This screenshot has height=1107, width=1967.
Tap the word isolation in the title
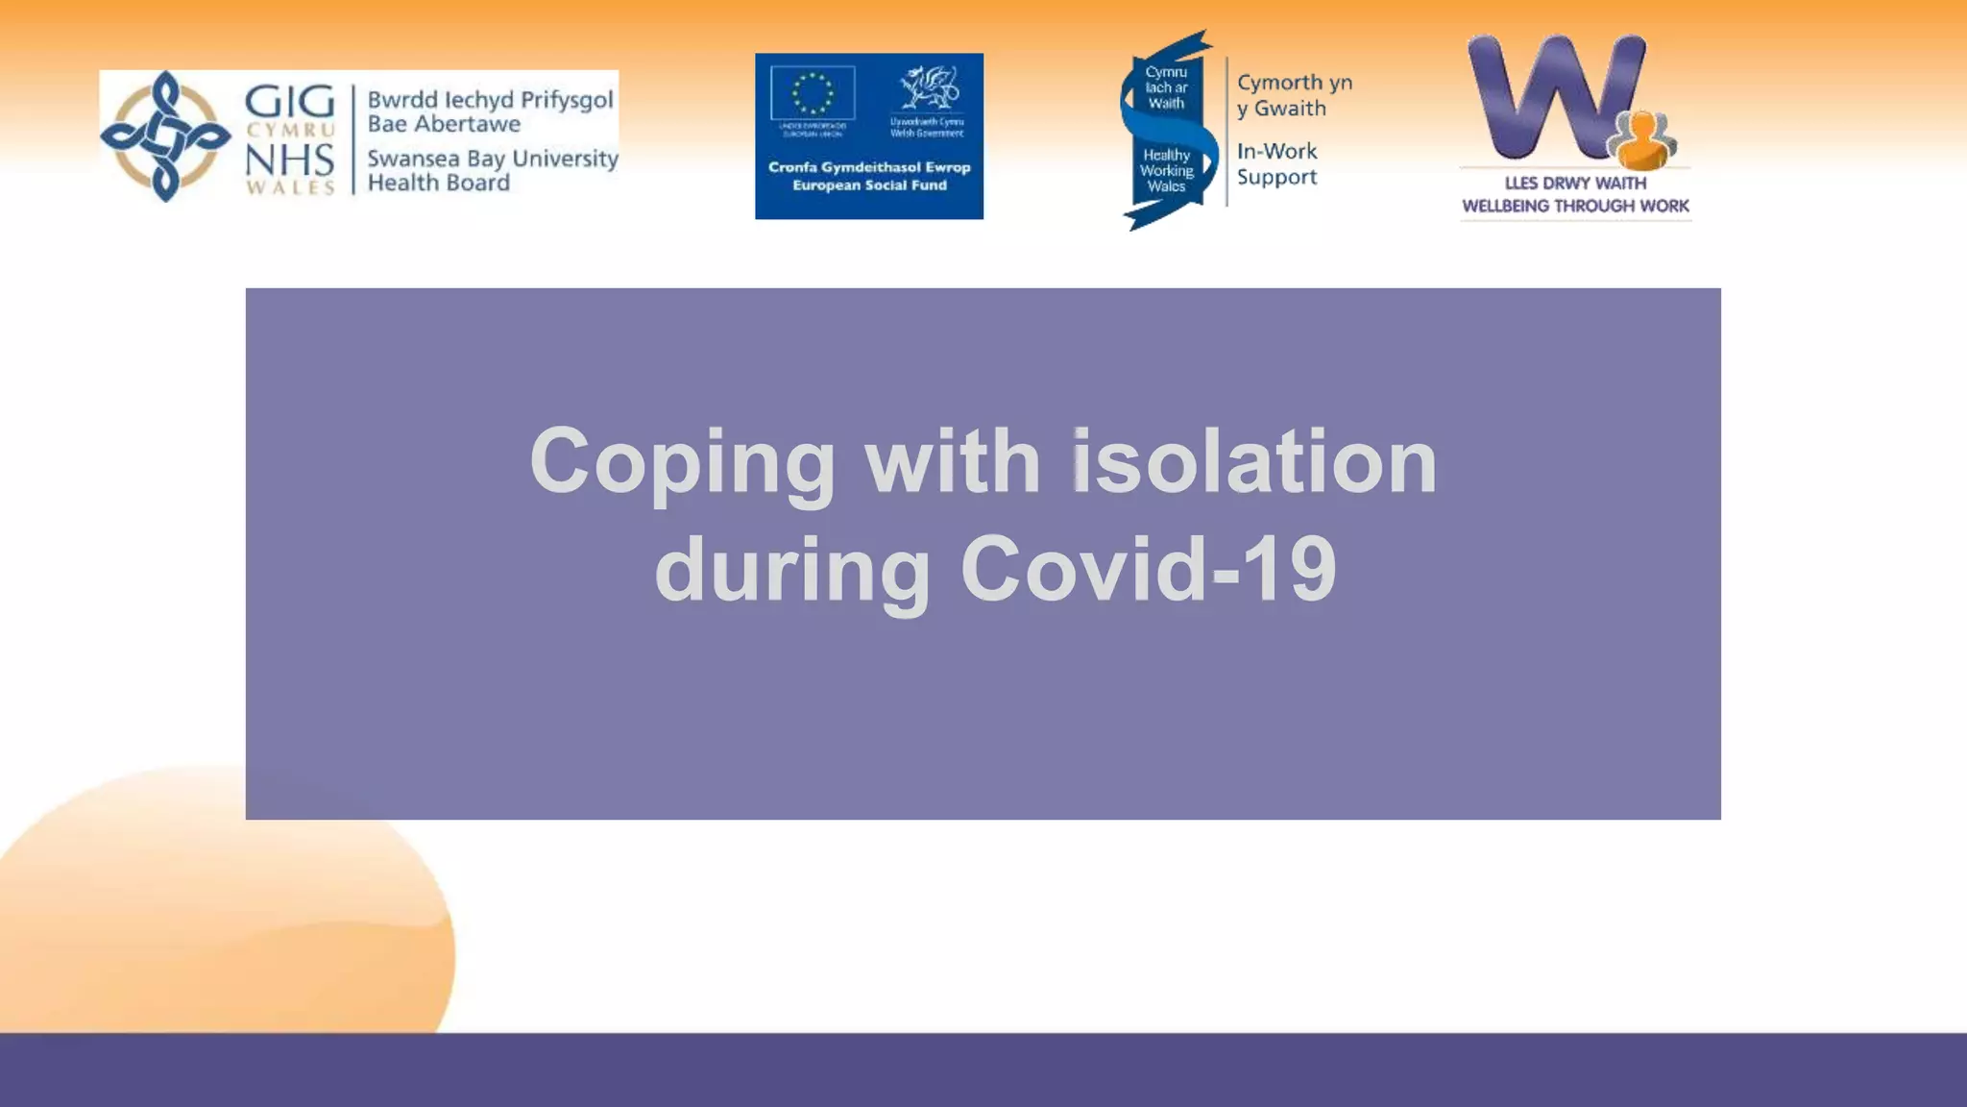click(x=1253, y=462)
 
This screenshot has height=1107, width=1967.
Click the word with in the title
click(x=953, y=462)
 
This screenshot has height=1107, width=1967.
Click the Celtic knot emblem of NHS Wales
click(x=165, y=135)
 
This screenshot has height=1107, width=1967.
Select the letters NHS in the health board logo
click(x=289, y=160)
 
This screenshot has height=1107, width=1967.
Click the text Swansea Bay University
click(x=493, y=159)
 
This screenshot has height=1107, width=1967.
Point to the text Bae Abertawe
click(x=444, y=124)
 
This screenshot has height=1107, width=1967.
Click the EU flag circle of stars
click(x=813, y=93)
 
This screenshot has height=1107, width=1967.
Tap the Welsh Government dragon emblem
click(x=927, y=88)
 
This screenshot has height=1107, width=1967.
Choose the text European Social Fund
click(x=869, y=185)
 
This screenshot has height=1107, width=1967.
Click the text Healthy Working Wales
click(x=1166, y=171)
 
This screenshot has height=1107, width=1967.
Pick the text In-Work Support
click(x=1276, y=164)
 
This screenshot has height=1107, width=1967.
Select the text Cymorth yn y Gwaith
click(x=1294, y=95)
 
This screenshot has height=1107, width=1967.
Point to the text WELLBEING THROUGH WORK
click(x=1575, y=206)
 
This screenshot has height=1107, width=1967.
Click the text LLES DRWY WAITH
click(x=1575, y=183)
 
